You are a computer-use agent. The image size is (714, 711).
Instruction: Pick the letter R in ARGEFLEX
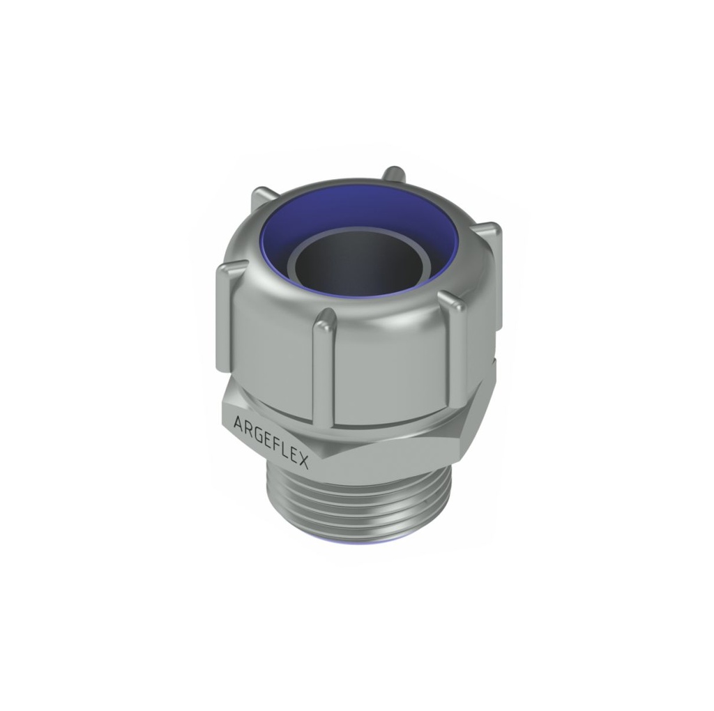[248, 428]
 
